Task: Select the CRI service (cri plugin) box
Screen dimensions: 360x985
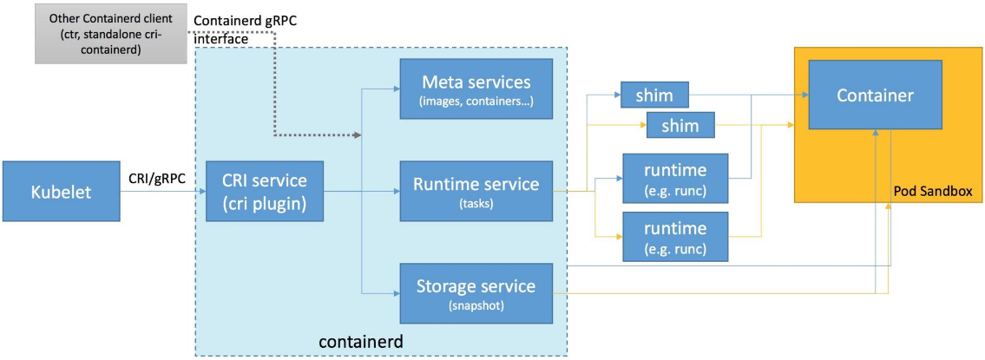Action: point(265,191)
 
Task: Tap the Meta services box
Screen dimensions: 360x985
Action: point(476,88)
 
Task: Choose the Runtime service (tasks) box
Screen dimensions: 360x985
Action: point(476,190)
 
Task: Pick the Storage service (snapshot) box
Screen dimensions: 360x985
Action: point(476,292)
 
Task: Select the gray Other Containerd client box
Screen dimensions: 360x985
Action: point(111,33)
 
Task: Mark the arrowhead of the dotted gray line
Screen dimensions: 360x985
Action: point(357,135)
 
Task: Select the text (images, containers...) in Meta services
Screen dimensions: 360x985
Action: point(476,102)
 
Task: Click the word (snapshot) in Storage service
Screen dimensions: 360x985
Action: point(476,305)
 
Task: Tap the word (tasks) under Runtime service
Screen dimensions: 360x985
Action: point(476,204)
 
